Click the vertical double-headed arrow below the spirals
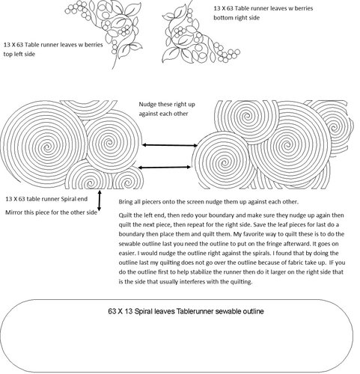point(100,200)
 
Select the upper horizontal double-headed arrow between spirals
point(170,145)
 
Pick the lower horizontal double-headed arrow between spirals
point(164,168)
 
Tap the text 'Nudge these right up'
point(167,104)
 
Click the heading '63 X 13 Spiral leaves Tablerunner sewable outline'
point(186,311)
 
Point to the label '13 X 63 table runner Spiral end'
point(46,199)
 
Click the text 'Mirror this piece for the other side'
point(51,212)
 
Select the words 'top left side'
point(19,54)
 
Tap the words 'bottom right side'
point(237,18)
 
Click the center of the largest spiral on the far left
point(46,147)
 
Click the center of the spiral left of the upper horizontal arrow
point(110,143)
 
